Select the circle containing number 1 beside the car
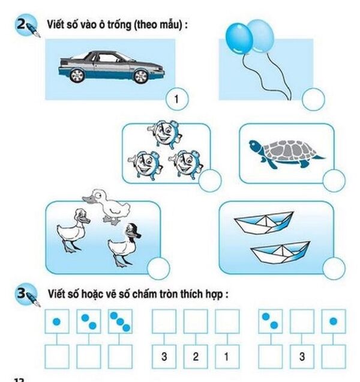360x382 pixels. coord(176,98)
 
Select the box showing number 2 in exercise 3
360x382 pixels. coord(195,357)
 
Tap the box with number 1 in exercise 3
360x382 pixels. coord(226,357)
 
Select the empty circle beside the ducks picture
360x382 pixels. coord(158,269)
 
